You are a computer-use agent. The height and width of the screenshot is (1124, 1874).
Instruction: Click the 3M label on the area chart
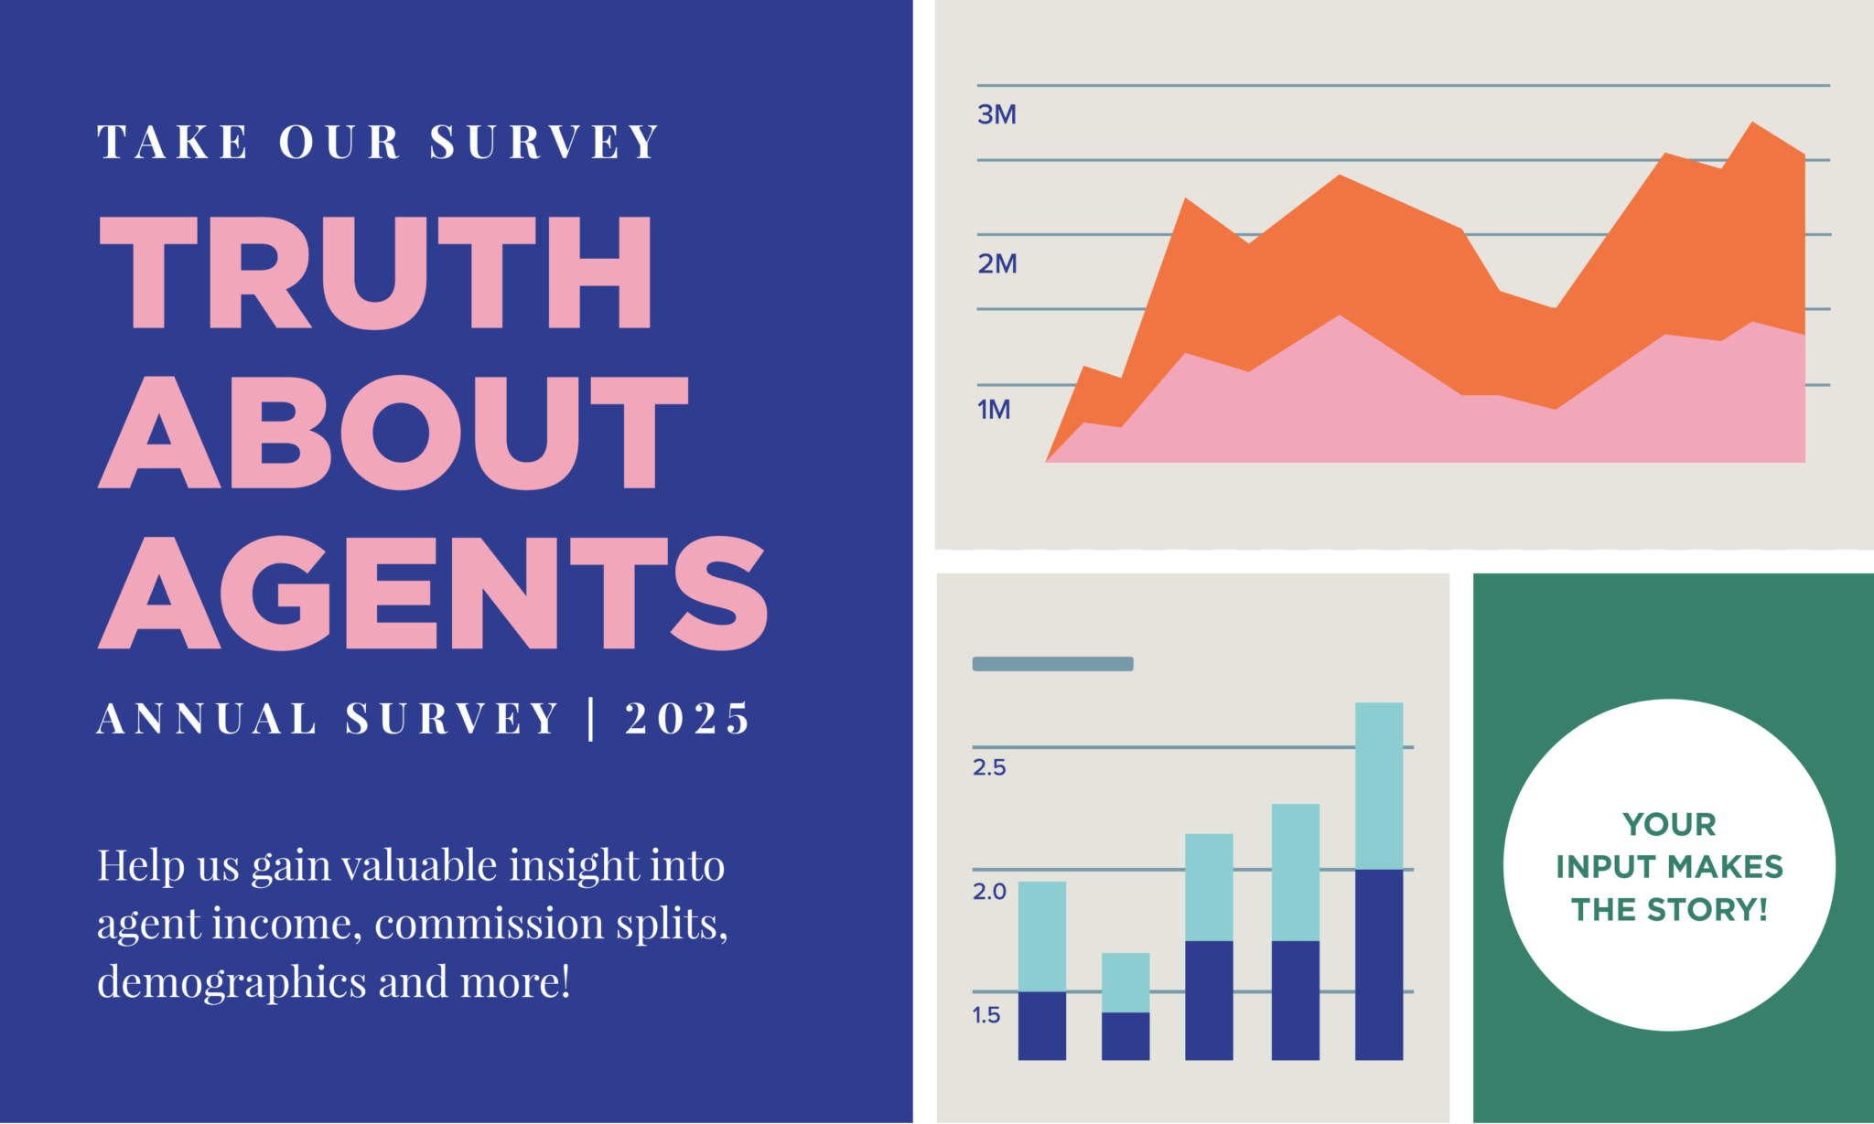996,115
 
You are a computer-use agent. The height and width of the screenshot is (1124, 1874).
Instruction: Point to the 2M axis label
996,264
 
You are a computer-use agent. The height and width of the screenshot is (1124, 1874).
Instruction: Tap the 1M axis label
994,410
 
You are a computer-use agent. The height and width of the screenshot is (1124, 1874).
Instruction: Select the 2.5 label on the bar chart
989,767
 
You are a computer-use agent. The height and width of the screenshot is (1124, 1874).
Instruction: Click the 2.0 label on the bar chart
989,892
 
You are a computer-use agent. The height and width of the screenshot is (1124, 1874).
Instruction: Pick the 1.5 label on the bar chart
986,1015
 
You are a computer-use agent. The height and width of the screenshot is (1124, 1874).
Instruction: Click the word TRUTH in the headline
375,273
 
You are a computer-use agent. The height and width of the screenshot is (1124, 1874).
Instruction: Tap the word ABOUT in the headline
393,432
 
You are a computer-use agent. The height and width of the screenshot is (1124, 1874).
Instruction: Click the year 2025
687,719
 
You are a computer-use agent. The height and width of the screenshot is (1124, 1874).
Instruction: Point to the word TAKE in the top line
173,143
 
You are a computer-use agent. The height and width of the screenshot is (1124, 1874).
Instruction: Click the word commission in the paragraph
489,924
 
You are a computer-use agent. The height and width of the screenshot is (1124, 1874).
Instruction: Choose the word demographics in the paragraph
232,983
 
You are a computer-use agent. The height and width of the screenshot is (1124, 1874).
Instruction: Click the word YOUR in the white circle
1669,825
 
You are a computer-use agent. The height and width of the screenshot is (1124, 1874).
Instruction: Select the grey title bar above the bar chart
1052,664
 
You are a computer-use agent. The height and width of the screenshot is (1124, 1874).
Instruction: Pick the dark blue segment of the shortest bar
1125,1035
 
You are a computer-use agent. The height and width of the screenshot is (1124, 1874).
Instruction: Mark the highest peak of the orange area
1752,124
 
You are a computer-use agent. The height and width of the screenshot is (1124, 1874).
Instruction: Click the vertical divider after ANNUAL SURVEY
591,719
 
